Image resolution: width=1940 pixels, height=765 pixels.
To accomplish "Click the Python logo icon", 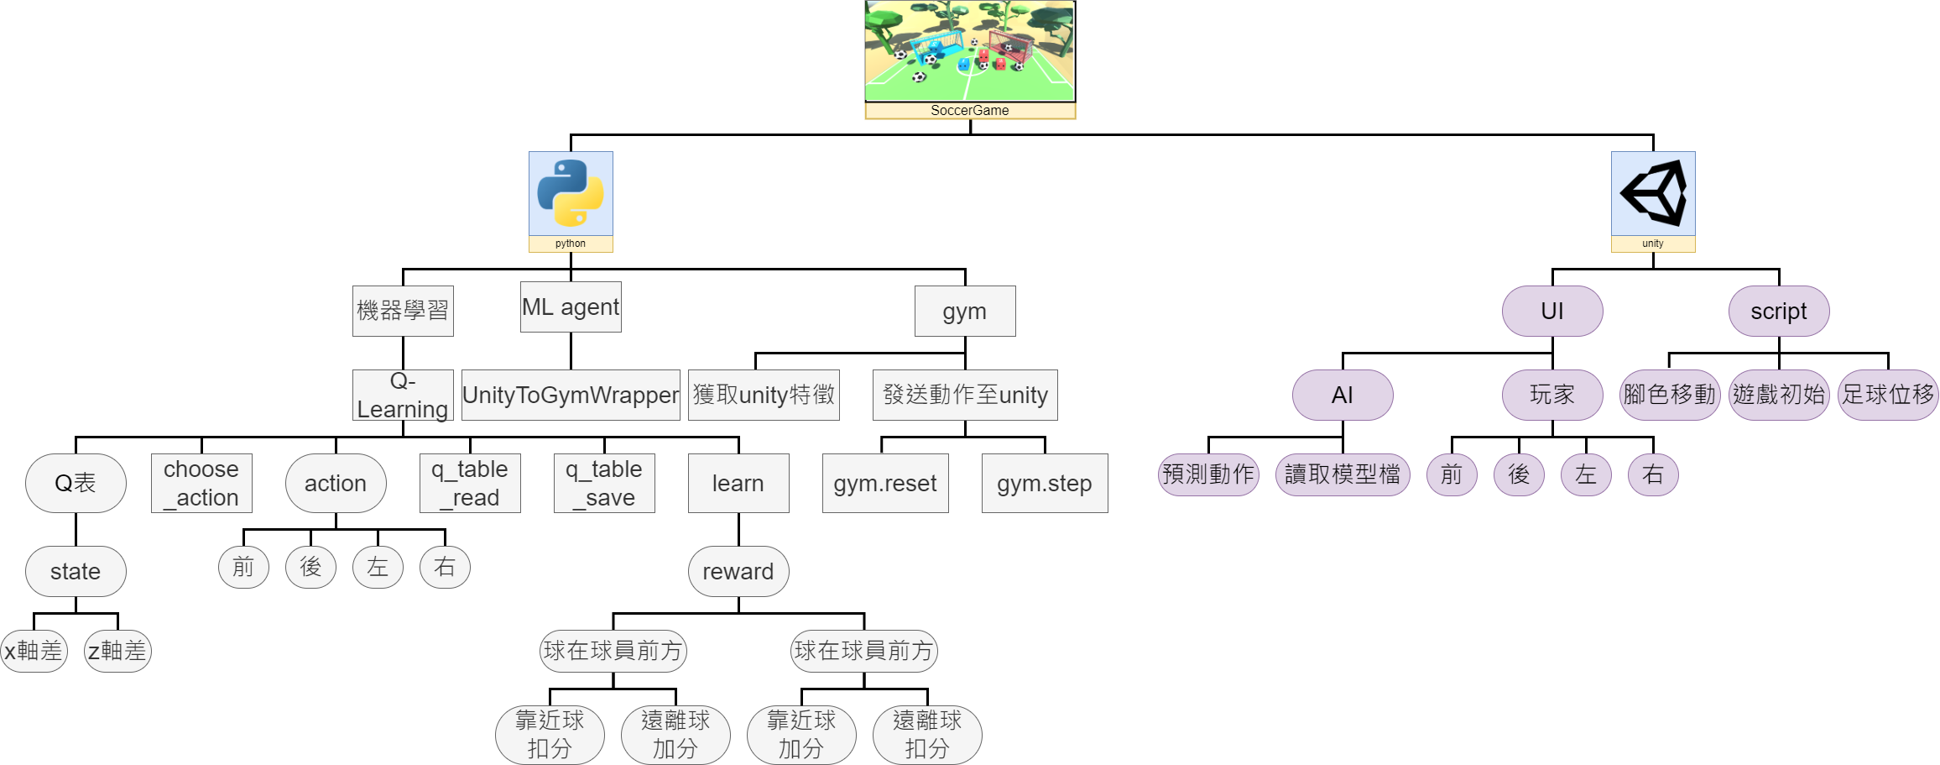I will click(x=571, y=193).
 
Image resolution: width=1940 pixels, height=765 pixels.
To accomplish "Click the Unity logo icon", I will click(x=1653, y=193).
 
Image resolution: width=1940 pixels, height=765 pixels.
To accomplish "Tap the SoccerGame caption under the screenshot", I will click(x=970, y=111).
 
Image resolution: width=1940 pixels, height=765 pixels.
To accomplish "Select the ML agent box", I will click(x=571, y=307).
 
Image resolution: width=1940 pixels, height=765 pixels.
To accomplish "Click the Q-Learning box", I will click(x=403, y=395).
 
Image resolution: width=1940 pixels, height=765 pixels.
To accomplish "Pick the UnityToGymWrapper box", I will click(x=571, y=395).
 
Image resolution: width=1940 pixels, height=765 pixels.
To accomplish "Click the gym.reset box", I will click(x=885, y=483).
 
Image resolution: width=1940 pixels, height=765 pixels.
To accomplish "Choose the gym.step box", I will click(x=1045, y=483).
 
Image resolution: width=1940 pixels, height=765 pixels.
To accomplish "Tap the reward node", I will click(x=738, y=571).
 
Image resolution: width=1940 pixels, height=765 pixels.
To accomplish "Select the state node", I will click(x=76, y=571).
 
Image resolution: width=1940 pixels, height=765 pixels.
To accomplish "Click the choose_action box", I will click(x=201, y=483).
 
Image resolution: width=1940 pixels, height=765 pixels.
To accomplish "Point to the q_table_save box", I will click(x=604, y=483).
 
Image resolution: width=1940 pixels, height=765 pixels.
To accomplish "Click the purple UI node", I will click(x=1552, y=311).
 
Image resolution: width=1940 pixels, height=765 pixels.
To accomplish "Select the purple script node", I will click(x=1779, y=311).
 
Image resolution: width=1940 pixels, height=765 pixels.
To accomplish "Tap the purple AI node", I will click(x=1343, y=395).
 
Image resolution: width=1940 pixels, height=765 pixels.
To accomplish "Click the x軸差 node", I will click(x=34, y=651).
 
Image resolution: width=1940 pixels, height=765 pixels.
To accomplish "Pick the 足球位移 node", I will click(x=1888, y=395).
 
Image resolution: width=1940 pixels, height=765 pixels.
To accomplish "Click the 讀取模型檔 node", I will click(x=1343, y=474).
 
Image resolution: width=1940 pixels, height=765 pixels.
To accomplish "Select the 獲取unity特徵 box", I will click(x=764, y=395).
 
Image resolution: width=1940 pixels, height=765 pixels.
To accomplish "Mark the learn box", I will click(x=738, y=483).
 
